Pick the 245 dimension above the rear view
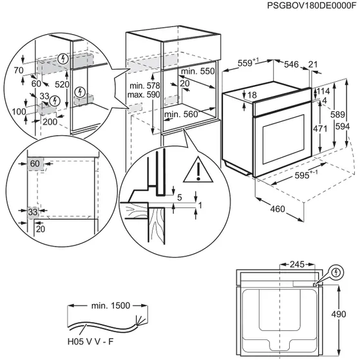pos(297,264)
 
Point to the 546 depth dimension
pos(292,64)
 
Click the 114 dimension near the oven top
pos(323,91)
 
